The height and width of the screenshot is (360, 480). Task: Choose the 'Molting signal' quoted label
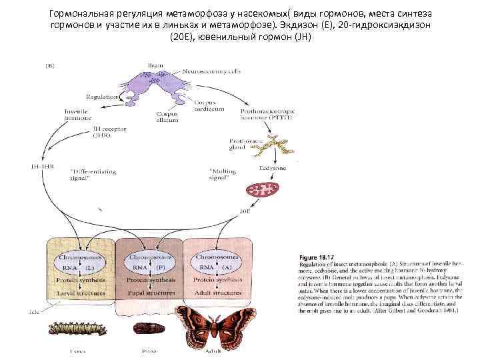click(x=220, y=175)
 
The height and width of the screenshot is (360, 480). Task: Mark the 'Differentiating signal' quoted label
click(x=93, y=175)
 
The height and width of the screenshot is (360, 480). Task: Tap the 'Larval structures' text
click(x=82, y=293)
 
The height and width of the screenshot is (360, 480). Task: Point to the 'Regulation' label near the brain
click(x=103, y=96)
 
